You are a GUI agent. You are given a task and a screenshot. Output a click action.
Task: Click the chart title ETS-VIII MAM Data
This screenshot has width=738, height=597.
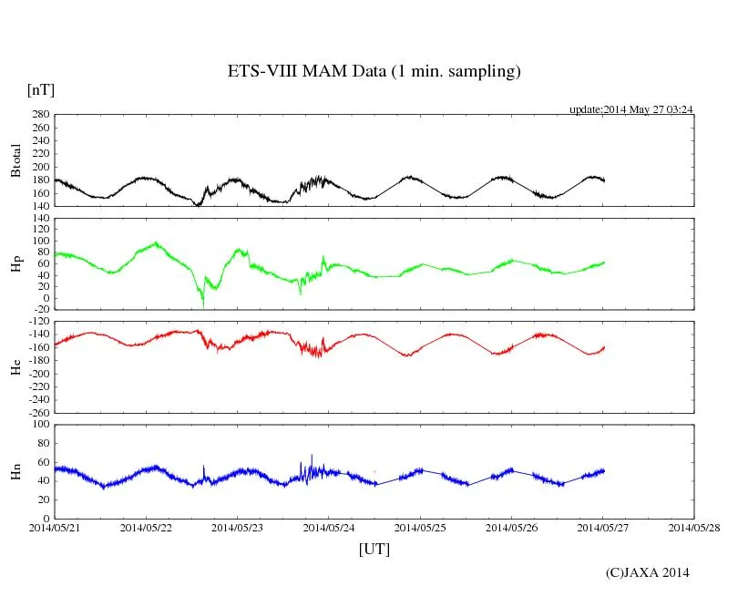tap(374, 72)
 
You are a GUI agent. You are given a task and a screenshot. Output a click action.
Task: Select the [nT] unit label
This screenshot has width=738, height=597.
tap(41, 90)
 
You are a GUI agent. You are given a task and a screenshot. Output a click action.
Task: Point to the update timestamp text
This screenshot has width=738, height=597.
tap(631, 109)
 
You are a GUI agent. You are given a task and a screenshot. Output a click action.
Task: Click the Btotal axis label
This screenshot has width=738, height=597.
tap(15, 160)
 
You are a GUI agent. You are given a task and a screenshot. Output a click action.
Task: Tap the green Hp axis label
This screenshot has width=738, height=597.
tap(15, 265)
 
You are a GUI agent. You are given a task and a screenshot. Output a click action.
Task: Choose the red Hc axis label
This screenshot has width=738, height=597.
tap(15, 367)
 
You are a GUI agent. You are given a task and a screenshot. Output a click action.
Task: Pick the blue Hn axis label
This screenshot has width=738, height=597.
tap(15, 470)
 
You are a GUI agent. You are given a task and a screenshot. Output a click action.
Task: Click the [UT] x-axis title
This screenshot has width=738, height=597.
tap(374, 549)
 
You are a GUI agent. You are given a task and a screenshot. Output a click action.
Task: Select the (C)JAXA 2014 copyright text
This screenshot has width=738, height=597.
tap(648, 572)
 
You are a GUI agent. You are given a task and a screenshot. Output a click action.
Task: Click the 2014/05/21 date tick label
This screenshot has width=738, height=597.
tap(55, 527)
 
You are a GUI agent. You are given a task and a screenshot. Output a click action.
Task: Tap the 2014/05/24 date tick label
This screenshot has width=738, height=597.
tap(329, 527)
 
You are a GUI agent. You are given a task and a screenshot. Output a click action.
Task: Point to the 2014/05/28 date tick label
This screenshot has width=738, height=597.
tap(694, 527)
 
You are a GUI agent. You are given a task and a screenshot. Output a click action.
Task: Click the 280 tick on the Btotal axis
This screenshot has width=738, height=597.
tap(39, 115)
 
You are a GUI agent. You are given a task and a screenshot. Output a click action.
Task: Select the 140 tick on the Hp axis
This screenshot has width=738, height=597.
tap(39, 218)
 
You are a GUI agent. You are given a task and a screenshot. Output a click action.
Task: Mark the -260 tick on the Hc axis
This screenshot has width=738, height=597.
tap(36, 412)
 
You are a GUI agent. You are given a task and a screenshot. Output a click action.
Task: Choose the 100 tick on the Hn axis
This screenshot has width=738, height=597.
tap(39, 424)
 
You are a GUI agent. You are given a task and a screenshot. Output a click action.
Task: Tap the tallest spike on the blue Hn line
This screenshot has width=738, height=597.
tap(312, 456)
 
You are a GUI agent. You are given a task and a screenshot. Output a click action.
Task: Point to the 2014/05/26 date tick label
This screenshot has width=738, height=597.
tap(511, 527)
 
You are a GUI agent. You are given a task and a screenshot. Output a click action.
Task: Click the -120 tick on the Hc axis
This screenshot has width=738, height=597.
tap(36, 322)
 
